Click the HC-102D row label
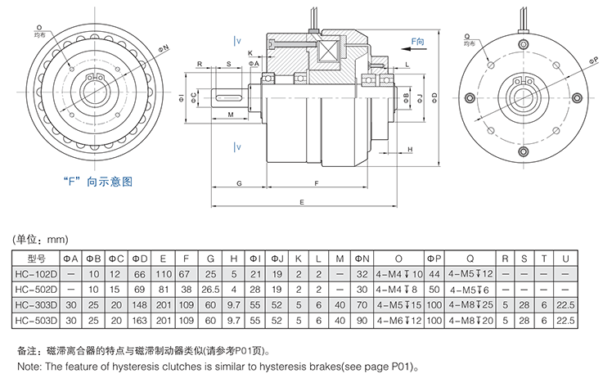point(38,274)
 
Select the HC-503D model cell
point(38,319)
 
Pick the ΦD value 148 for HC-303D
point(139,304)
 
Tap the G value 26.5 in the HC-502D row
point(211,289)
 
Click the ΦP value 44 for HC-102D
point(434,274)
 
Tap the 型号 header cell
point(38,259)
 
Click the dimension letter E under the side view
point(303,200)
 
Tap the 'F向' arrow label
point(417,38)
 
